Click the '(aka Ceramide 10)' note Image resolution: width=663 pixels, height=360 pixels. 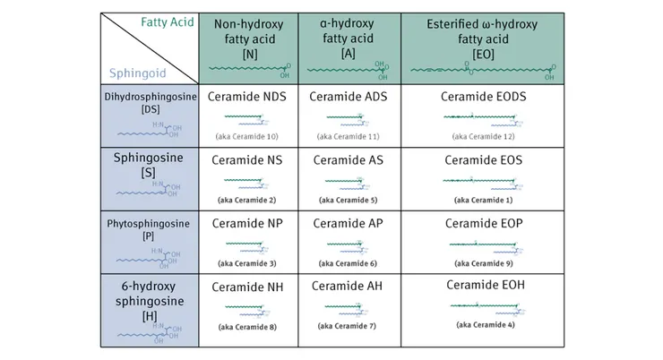246,135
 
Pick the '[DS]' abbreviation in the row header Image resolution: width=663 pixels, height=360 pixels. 150,108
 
